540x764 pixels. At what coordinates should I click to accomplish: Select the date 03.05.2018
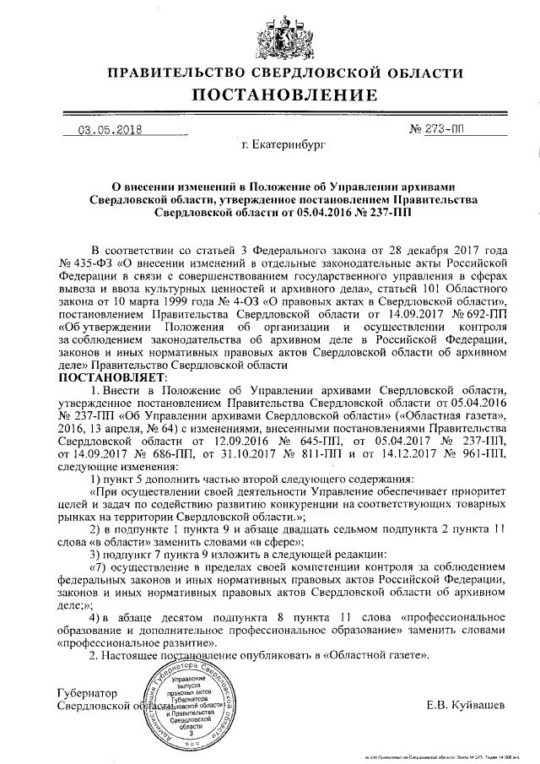click(110, 130)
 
